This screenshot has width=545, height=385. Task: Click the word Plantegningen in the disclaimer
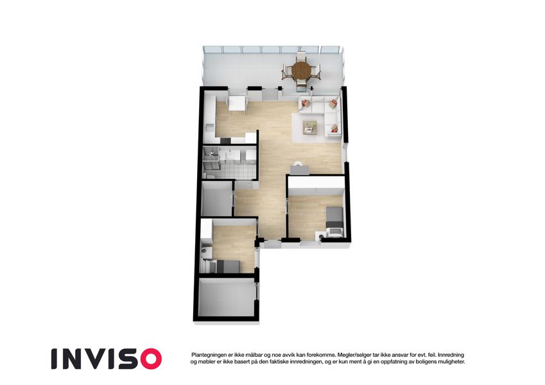(211, 355)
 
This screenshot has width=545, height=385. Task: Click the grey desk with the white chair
(299, 169)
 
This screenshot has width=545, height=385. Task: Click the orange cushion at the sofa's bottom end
(333, 130)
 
